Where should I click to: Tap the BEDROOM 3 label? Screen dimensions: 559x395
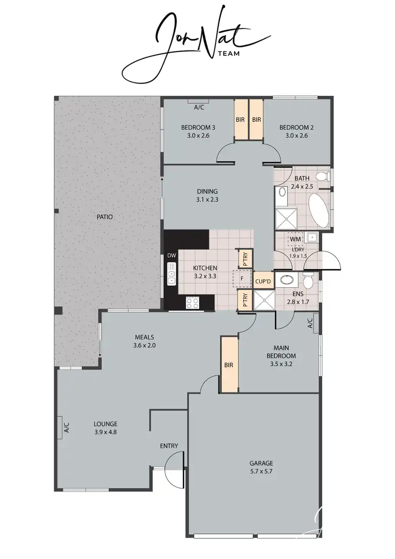tap(198, 128)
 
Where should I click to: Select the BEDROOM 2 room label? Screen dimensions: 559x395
tap(293, 128)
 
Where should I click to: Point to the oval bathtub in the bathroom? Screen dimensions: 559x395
tap(318, 210)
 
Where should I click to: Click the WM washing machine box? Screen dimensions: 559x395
tap(295, 240)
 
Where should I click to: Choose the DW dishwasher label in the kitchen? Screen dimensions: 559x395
tap(171, 256)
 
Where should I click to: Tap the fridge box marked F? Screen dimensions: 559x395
tap(242, 277)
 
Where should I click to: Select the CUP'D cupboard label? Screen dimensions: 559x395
tap(263, 282)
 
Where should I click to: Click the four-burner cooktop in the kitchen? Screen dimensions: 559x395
tap(193, 302)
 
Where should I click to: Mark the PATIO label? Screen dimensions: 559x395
tap(105, 217)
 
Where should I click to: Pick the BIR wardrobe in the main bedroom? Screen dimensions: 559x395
tap(229, 365)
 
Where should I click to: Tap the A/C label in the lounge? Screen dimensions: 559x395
tap(66, 428)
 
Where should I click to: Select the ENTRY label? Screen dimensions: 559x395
tap(169, 446)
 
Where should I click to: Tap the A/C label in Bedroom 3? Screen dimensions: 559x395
tap(199, 107)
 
